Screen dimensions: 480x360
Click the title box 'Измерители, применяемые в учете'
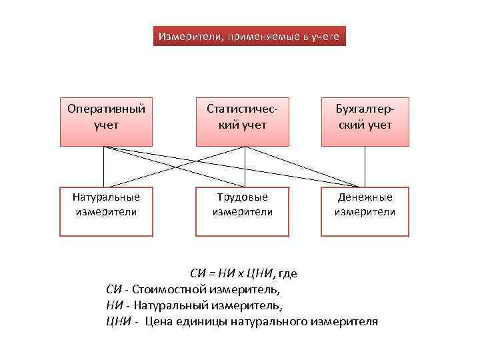[249, 37]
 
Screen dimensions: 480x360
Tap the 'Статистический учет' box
[243, 119]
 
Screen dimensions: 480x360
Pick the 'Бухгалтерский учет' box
[365, 119]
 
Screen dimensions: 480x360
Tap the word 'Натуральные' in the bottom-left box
[106, 197]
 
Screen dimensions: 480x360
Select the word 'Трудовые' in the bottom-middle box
[243, 197]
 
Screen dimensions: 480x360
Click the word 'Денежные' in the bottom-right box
[365, 197]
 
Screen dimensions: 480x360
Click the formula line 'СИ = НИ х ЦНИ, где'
[243, 273]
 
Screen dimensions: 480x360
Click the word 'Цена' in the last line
[157, 322]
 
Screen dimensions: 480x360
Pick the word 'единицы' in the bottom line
[193, 322]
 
